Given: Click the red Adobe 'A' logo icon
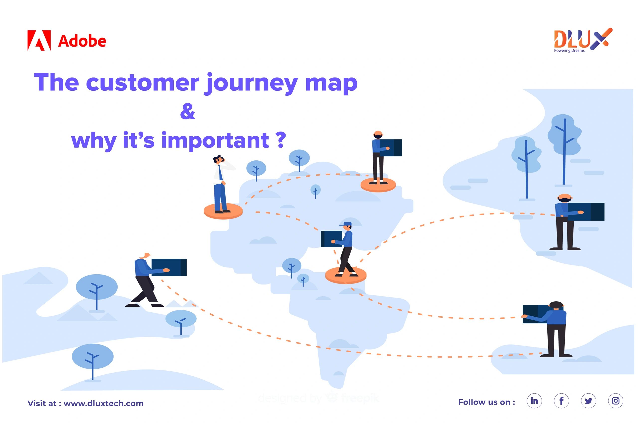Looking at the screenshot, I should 39,40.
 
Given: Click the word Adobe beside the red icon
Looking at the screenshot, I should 82,41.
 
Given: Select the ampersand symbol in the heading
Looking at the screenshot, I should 188,112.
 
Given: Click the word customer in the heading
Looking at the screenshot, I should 143,83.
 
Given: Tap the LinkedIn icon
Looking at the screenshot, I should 534,401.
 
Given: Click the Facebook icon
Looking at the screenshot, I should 561,401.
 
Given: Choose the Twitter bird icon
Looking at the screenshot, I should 588,401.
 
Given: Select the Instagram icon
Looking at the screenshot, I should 615,401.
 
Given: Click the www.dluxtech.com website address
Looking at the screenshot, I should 103,403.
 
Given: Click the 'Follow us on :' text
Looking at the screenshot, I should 486,402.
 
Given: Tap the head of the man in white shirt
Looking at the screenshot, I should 218,159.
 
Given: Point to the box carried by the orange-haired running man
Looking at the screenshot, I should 169,267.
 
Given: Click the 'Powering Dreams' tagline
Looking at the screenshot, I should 569,51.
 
